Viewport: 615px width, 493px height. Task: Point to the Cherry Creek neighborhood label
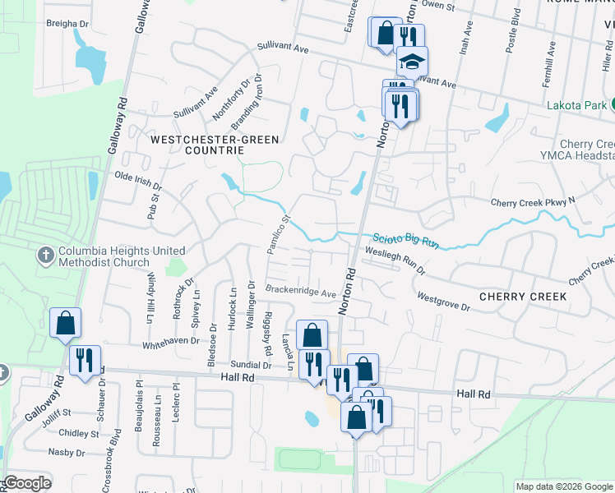(x=522, y=296)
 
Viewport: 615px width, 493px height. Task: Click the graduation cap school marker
(x=413, y=61)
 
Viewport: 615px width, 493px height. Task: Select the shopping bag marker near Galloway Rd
(x=65, y=324)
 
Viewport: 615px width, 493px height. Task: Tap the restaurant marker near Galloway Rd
(x=85, y=360)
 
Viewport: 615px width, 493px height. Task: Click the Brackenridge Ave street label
(x=301, y=292)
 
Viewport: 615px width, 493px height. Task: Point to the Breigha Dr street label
(x=67, y=24)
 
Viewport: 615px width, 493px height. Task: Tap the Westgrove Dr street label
(x=442, y=302)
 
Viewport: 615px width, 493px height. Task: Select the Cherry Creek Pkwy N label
(x=532, y=202)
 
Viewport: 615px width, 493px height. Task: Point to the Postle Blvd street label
(x=511, y=33)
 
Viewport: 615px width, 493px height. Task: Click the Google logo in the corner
(x=27, y=483)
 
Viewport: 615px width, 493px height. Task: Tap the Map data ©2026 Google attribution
(x=564, y=486)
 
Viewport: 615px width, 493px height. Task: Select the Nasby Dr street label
(x=66, y=452)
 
